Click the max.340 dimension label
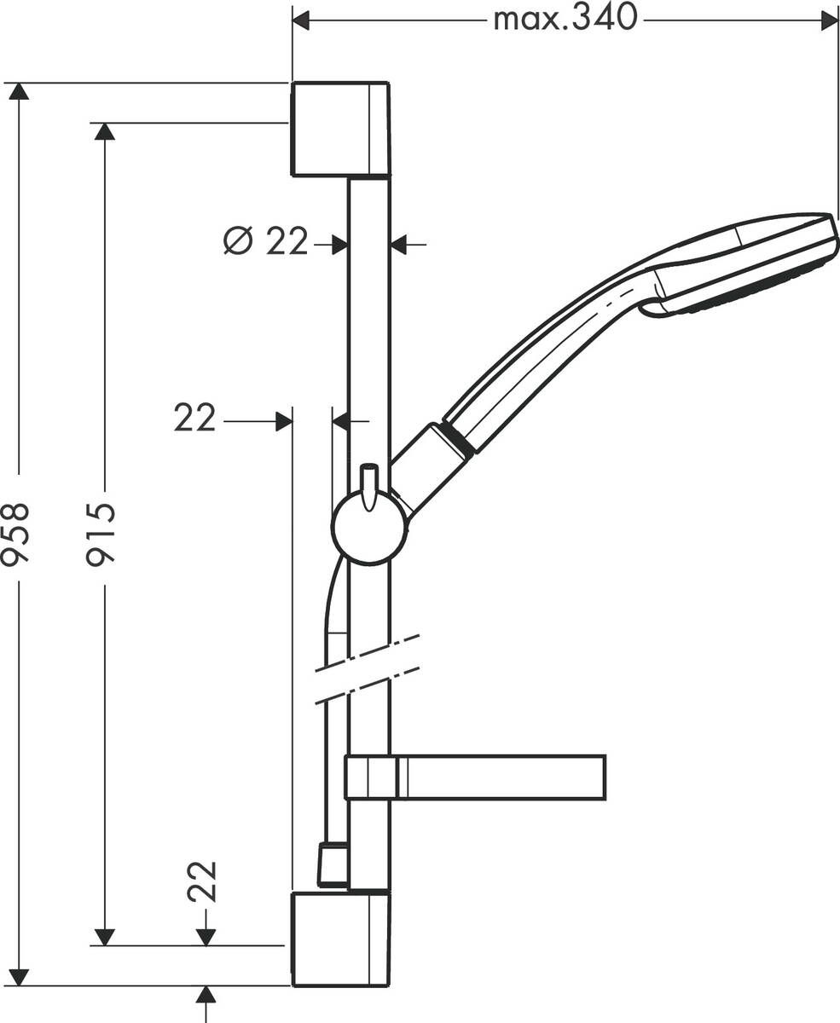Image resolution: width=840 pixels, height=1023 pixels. pos(565,18)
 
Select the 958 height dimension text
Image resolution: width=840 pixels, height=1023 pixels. pos(15,534)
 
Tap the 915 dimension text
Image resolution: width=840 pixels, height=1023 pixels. pos(101,534)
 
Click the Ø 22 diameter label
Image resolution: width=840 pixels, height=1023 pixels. pos(265,242)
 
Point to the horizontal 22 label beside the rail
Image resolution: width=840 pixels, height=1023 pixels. pos(195,419)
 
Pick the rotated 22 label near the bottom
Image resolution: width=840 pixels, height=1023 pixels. pos(204,881)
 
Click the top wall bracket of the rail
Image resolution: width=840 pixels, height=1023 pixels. pos(340,129)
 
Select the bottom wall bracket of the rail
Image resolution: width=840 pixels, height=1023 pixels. pos(340,939)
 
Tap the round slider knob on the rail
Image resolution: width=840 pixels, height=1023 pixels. pos(369,529)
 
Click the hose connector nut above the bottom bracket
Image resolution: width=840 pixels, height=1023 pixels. pos(333,864)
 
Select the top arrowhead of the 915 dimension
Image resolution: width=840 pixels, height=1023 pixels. pos(104,131)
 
